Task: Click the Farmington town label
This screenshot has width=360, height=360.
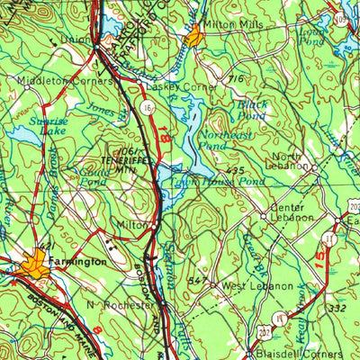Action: click(81, 261)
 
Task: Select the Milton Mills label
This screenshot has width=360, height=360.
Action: click(234, 25)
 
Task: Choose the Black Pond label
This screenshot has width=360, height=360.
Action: click(253, 110)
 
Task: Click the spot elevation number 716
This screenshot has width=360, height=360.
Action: click(236, 81)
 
